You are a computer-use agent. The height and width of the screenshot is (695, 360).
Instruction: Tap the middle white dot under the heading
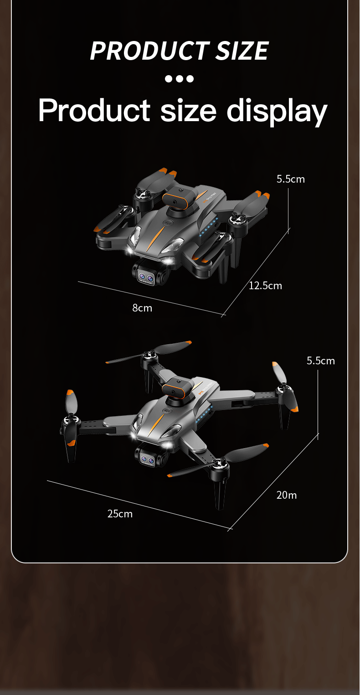180,79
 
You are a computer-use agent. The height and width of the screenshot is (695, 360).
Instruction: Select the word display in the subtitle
277,111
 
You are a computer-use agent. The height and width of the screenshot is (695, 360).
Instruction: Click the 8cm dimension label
142,308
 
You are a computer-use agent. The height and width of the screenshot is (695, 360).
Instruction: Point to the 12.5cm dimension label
265,286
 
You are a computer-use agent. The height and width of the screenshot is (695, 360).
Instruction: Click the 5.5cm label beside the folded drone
290,179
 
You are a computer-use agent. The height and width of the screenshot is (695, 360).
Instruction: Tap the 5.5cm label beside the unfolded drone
321,361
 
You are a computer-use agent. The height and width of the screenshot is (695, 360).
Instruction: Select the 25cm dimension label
120,514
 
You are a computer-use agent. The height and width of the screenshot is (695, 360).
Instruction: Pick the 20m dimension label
287,495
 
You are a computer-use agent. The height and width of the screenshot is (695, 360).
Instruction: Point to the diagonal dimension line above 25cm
139,505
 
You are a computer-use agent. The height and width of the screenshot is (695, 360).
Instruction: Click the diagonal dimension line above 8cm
151,298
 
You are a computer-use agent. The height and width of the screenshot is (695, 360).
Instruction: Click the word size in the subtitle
188,111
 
